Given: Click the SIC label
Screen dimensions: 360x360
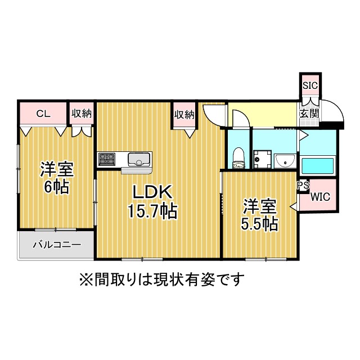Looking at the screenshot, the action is pos(310,85).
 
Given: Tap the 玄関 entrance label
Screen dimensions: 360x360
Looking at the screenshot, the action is pos(309,114).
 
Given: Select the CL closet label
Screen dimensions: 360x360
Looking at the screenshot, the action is pos(43,114).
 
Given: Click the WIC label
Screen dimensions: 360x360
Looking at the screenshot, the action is pos(321,197).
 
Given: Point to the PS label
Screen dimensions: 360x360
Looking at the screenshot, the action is pos(303,185).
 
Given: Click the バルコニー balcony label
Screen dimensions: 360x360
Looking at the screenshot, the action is pos(57,245).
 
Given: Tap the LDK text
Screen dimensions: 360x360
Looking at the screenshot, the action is pos(152,191).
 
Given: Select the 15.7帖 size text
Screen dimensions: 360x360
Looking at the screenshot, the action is pos(152,211).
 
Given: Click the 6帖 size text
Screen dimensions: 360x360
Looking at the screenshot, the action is pos(57,186).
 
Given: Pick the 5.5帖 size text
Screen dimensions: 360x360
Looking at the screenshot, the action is pos(259,223).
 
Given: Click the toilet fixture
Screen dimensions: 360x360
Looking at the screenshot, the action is pos(238,158).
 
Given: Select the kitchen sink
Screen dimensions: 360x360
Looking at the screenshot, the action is pos(139,159).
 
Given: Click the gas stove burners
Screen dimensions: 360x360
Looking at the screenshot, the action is pos(106,159).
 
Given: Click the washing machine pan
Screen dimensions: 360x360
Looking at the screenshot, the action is pos(262,159).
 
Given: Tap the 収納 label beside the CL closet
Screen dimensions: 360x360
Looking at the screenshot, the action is pos(81,114).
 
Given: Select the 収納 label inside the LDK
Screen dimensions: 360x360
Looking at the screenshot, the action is pos(184,115).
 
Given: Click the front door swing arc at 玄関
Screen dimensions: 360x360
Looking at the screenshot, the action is pos(336,108).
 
